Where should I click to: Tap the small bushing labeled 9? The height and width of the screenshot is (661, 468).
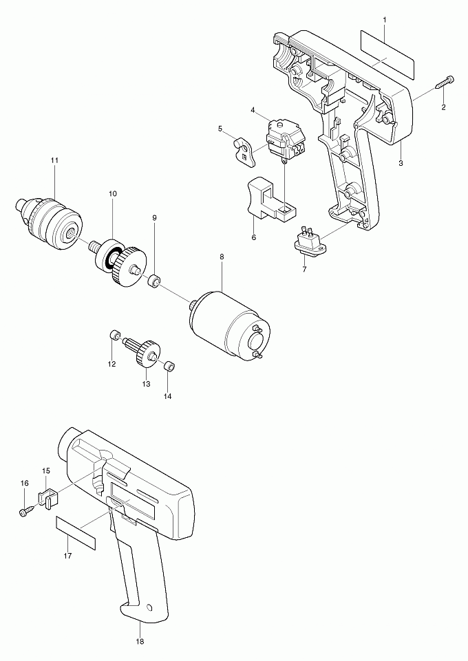pyautogui.click(x=155, y=281)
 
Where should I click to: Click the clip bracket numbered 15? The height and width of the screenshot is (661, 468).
pyautogui.click(x=48, y=496)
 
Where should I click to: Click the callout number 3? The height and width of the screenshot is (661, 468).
pyautogui.click(x=400, y=163)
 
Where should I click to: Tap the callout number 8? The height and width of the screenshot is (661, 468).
pyautogui.click(x=221, y=257)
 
